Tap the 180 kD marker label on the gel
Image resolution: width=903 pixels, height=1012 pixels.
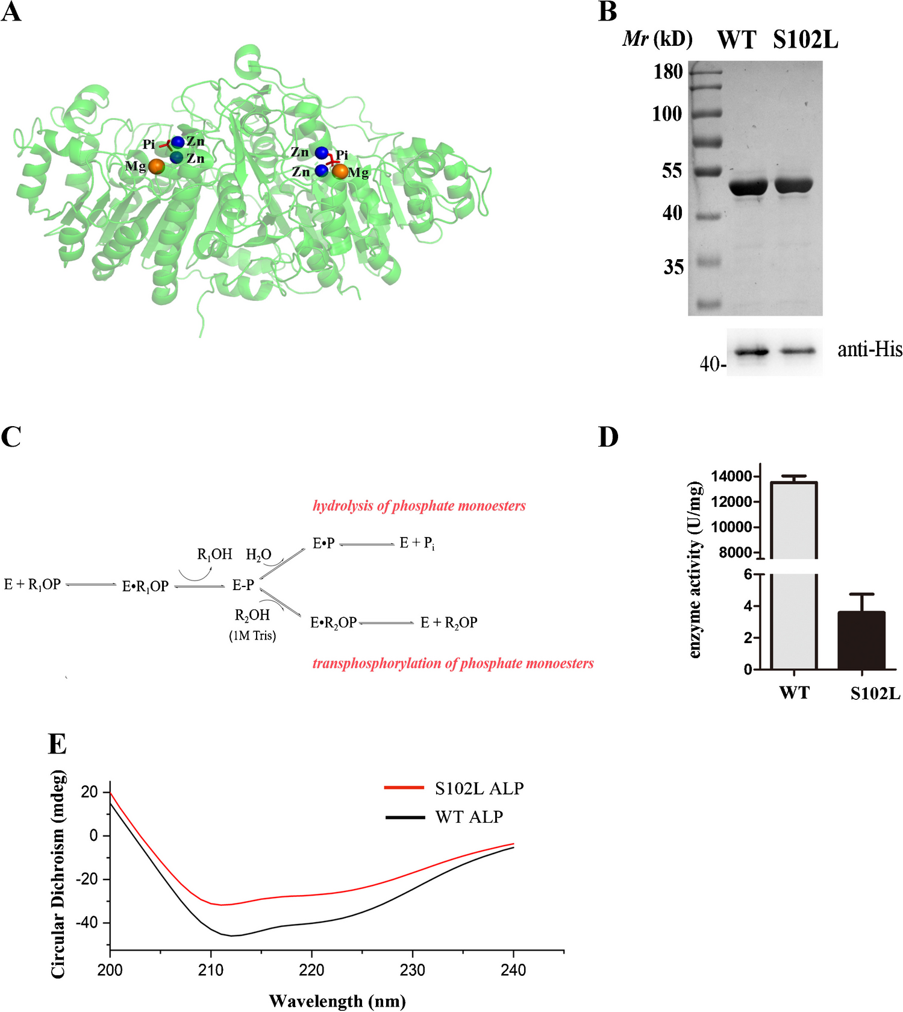[x=668, y=72]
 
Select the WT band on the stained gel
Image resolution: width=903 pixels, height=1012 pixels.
[x=748, y=187]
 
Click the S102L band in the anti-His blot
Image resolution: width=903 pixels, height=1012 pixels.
[x=799, y=351]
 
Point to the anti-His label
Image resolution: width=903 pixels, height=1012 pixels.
[x=869, y=349]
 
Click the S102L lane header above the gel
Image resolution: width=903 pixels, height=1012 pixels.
[x=805, y=40]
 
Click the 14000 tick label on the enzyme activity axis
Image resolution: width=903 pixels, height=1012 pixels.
[x=731, y=477]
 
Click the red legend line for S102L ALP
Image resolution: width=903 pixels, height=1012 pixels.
[x=404, y=787]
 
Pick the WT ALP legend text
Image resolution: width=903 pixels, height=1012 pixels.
[x=469, y=817]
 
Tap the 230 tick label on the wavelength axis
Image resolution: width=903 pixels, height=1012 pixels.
[x=412, y=970]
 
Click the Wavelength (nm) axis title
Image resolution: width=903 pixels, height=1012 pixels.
[x=337, y=1001]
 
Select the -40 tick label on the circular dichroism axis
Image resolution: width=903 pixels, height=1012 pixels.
[x=87, y=923]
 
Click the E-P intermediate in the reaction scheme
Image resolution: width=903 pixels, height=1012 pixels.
[x=243, y=585]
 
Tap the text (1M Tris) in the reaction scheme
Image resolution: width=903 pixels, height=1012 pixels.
[x=252, y=635]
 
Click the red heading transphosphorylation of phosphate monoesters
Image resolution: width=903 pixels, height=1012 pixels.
[x=452, y=663]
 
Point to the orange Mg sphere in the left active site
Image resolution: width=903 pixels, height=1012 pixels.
[x=156, y=166]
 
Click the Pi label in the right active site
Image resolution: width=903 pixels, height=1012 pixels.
[x=342, y=155]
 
